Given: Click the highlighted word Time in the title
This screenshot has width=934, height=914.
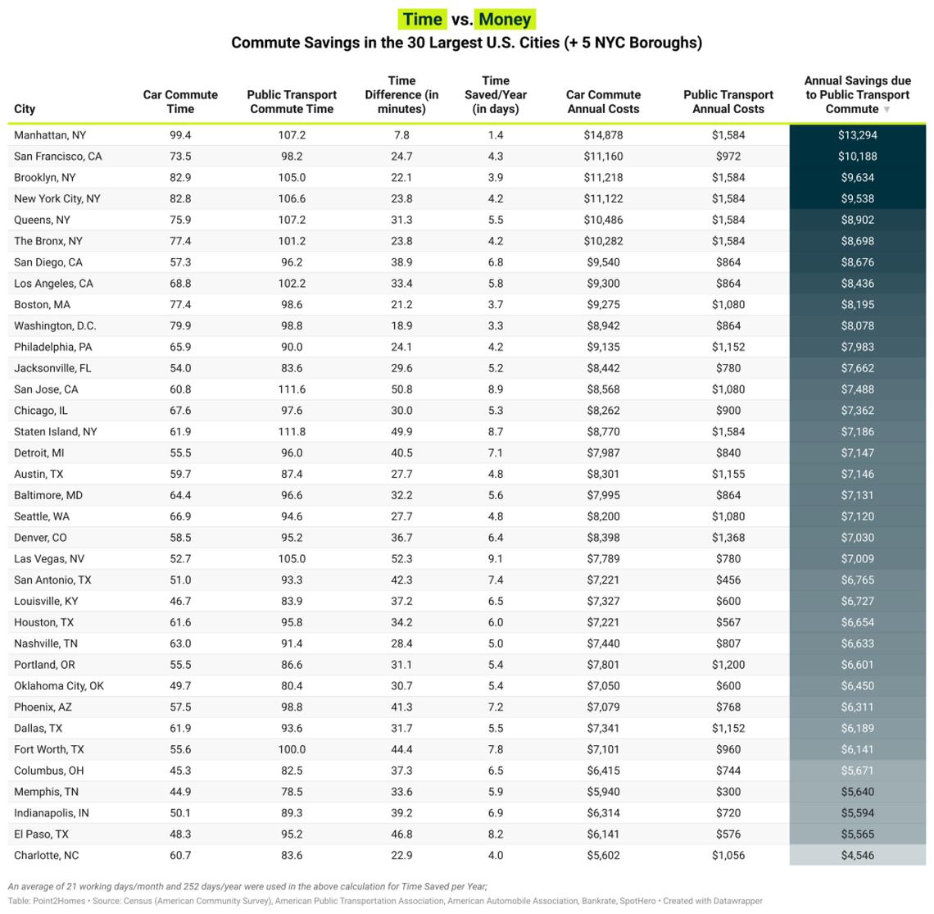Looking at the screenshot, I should (423, 20).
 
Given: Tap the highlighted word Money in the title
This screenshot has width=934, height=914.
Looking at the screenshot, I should (505, 20).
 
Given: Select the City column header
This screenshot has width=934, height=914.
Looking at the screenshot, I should (25, 109).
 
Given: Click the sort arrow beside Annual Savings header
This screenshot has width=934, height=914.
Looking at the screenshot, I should (886, 110).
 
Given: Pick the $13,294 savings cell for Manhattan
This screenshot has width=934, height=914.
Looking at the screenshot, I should (857, 135).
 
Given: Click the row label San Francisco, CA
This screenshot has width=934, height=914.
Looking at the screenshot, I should (58, 157).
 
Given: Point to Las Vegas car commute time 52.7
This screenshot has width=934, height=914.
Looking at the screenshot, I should (180, 559).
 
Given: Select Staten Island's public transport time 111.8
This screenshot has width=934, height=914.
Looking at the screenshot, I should (292, 432).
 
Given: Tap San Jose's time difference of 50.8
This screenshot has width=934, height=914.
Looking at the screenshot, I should (401, 389).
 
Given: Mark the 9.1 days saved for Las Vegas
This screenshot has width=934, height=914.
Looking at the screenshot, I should (496, 559).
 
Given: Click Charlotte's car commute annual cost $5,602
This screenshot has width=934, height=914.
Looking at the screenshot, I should (603, 856).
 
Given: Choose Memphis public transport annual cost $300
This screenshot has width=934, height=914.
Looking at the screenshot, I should (728, 792).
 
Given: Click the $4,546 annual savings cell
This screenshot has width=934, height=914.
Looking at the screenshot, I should (857, 856).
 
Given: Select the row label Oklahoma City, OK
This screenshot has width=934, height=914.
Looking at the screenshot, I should (59, 686).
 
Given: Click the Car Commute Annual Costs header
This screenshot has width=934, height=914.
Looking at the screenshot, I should (603, 102).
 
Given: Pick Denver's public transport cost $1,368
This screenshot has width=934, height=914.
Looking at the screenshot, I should (728, 538).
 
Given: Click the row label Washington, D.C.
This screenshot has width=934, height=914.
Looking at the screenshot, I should (55, 326).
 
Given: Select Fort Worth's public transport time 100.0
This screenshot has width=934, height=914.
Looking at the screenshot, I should (292, 749).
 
